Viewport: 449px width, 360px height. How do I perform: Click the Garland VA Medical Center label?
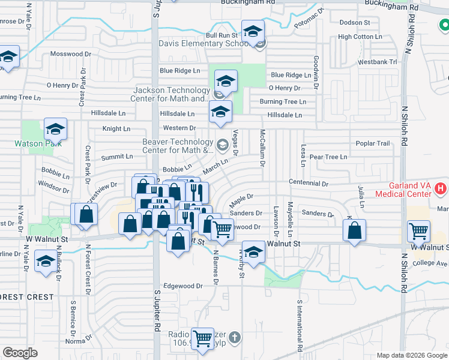[403, 190]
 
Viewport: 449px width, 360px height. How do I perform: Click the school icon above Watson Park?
[55, 129]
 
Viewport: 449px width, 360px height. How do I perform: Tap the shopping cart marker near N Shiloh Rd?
[418, 230]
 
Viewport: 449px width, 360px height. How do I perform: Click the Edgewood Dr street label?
[182, 286]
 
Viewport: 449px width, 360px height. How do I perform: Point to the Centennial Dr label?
[309, 182]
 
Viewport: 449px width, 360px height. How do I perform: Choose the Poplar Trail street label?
[373, 143]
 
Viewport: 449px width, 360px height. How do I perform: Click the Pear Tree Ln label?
[328, 157]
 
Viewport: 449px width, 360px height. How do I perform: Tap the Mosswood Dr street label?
[70, 53]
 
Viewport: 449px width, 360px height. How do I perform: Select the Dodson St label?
[354, 22]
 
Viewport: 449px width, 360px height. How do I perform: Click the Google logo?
[20, 352]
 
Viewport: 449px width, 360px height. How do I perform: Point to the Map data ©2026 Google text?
[411, 355]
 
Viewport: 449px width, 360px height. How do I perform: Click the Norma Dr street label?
[79, 341]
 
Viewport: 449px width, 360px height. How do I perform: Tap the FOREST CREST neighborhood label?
[26, 297]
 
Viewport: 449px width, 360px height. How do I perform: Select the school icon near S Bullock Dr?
[46, 261]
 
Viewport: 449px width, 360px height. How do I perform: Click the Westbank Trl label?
[377, 62]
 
